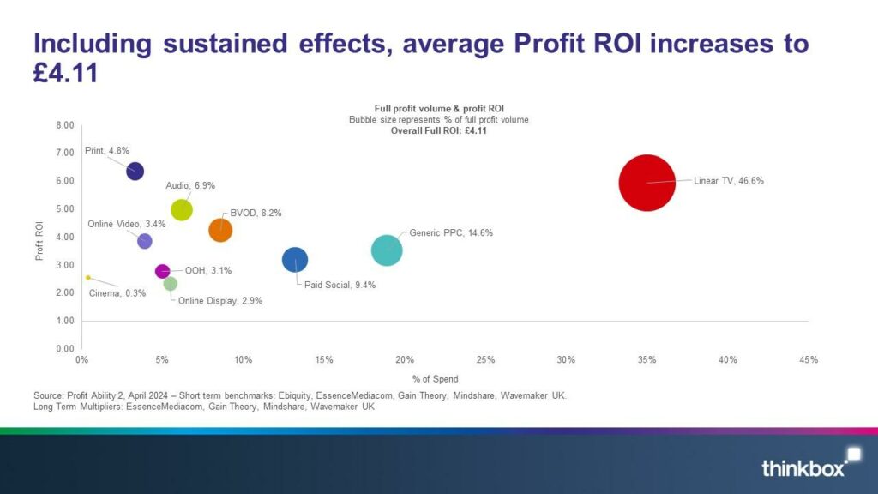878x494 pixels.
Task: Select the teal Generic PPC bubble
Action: click(x=387, y=250)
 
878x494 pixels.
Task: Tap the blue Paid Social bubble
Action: click(x=294, y=259)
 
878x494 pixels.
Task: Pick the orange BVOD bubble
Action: click(x=220, y=230)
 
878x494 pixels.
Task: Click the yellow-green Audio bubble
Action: click(x=182, y=209)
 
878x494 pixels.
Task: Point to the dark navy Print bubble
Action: click(x=135, y=171)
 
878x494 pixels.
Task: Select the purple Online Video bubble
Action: click(x=144, y=241)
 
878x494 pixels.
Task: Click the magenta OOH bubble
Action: click(x=162, y=271)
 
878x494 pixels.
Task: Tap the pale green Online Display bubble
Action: click(x=170, y=284)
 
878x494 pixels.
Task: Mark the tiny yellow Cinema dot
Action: click(x=87, y=278)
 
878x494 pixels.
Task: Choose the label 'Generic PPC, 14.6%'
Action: click(x=451, y=232)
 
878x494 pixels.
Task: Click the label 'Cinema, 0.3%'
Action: click(x=117, y=293)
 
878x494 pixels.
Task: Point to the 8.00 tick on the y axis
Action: click(x=65, y=125)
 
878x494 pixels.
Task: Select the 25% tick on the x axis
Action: click(x=484, y=359)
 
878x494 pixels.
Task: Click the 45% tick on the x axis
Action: click(x=808, y=359)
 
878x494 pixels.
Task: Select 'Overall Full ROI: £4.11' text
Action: click(x=438, y=131)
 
